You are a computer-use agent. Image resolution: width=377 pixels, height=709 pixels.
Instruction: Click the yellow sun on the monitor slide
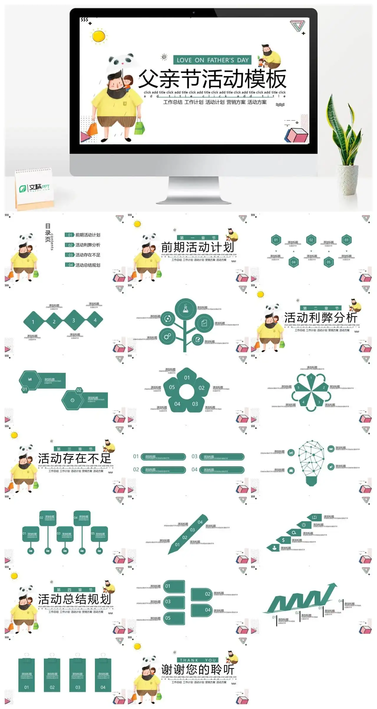(x=98, y=36)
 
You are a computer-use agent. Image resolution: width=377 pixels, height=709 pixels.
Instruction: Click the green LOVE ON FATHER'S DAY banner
(x=212, y=60)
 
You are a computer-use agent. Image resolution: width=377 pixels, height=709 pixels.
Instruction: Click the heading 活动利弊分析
(x=320, y=318)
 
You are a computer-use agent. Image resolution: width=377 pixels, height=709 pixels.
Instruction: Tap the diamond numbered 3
(x=74, y=320)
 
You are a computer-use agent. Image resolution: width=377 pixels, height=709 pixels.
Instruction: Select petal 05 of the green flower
(x=172, y=387)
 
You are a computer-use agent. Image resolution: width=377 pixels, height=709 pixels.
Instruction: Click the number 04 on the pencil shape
(x=200, y=522)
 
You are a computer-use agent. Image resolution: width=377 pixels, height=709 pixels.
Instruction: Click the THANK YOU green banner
(x=198, y=660)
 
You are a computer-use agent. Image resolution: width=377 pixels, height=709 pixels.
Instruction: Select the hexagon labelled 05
(x=329, y=262)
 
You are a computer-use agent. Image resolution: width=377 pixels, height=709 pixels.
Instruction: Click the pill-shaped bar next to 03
(x=222, y=457)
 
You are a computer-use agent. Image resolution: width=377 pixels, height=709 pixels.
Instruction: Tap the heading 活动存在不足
(x=74, y=458)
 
